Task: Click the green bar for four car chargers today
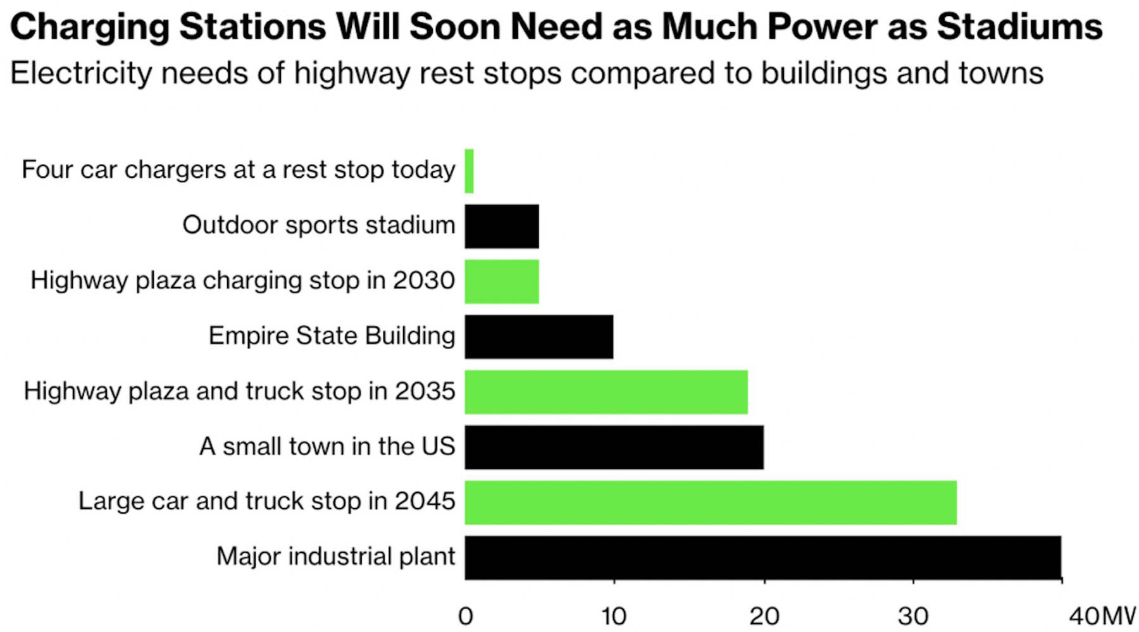tap(469, 171)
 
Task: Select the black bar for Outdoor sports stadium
tap(502, 226)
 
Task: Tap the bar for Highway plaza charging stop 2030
tap(502, 282)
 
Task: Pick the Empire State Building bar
tap(538, 337)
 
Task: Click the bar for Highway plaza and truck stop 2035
tap(606, 392)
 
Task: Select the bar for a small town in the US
tap(614, 447)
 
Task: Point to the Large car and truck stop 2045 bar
tap(710, 502)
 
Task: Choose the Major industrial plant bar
tap(762, 557)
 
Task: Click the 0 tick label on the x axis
tap(466, 616)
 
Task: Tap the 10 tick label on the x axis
tap(614, 616)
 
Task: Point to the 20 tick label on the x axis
tap(764, 616)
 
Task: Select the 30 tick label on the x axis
tap(913, 616)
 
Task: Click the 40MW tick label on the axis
tap(1101, 616)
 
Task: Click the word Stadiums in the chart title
tap(1019, 27)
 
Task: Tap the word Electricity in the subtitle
tap(80, 73)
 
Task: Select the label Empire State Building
tap(332, 336)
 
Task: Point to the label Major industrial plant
tap(335, 557)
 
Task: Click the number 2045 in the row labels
tap(425, 501)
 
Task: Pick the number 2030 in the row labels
tap(424, 280)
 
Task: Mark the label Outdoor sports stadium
tap(318, 225)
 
